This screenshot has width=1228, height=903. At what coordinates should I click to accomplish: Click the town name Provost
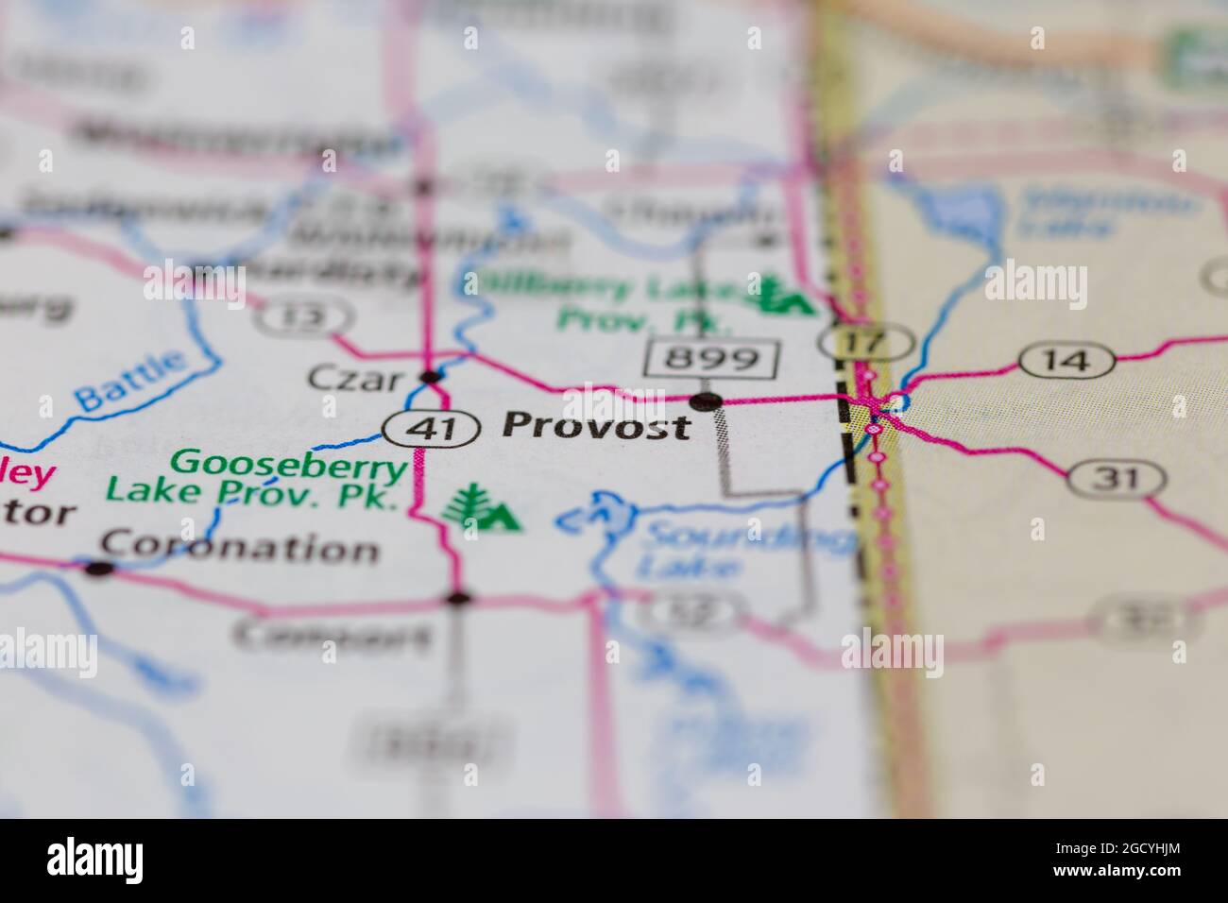[x=596, y=426]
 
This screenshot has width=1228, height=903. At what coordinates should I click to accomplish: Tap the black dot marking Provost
[x=705, y=401]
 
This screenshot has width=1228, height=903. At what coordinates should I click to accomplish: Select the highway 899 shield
[x=713, y=358]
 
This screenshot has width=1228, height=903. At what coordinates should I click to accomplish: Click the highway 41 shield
[x=431, y=430]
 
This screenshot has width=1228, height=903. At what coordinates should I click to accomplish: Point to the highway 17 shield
[x=866, y=341]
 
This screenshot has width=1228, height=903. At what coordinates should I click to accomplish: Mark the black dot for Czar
[x=431, y=378]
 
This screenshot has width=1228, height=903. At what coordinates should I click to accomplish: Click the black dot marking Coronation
[x=98, y=568]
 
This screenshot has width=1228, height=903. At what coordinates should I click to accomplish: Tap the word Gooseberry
[x=288, y=463]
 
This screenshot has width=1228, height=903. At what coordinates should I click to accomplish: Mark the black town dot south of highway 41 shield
[x=458, y=598]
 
